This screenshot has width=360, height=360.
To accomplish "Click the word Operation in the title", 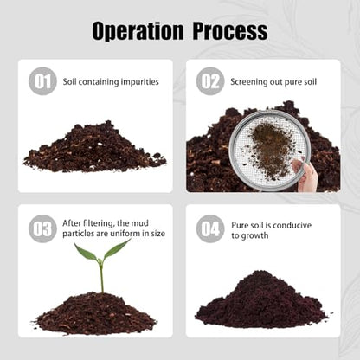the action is click(x=138, y=31).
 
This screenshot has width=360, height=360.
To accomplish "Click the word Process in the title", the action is click(x=230, y=31).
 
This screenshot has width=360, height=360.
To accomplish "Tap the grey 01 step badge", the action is click(x=42, y=81).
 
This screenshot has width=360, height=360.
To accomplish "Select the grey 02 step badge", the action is click(x=210, y=81).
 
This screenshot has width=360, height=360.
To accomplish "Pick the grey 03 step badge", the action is click(x=42, y=228).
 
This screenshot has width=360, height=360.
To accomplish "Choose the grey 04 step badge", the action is click(x=210, y=228).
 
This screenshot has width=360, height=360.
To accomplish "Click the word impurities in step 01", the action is click(x=140, y=82).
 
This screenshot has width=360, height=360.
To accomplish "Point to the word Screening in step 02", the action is click(x=248, y=82).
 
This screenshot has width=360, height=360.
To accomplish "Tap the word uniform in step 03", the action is click(x=119, y=233).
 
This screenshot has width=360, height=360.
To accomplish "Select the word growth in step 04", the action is click(x=254, y=236).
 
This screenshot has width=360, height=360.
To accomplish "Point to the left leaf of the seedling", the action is click(x=87, y=253).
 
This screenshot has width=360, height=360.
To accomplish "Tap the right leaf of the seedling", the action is click(x=116, y=249).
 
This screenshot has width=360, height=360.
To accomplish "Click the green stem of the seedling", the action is click(x=101, y=277).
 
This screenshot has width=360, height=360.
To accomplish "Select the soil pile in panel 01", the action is click(x=94, y=149).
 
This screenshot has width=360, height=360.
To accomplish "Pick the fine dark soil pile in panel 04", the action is click(x=261, y=301).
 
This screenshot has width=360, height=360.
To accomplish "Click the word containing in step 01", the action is click(x=99, y=82).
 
